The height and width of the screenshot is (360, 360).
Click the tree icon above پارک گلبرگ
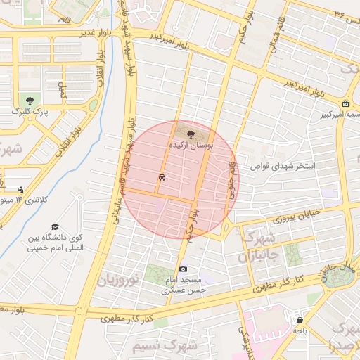click(30, 101)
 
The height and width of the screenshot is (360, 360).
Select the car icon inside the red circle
click(163, 178)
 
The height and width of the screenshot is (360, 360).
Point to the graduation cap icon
click(55, 226)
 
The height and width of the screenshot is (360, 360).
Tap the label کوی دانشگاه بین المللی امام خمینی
click(56, 243)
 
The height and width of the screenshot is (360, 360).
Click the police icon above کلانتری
click(21, 188)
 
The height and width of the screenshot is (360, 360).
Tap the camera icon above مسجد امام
click(184, 269)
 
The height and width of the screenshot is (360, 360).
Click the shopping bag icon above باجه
click(300, 320)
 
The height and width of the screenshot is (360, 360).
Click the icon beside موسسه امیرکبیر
click(345, 103)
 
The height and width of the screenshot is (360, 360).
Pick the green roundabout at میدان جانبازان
click(342, 276)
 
